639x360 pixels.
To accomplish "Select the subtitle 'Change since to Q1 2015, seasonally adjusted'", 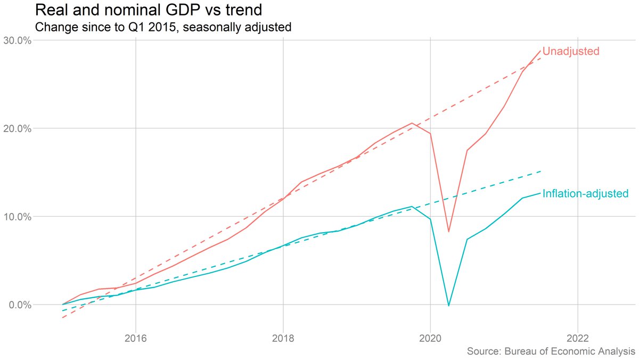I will tap(162, 27).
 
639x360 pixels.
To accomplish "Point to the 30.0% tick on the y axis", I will tap(19, 40).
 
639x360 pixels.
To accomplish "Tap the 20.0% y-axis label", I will tap(19, 129).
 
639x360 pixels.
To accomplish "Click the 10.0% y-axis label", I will tap(19, 217).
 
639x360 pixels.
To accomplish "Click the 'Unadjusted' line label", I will tap(571, 52).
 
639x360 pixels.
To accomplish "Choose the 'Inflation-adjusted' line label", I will tap(585, 193).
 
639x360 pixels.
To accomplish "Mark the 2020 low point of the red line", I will tap(449, 232).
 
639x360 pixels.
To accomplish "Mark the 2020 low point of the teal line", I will tap(449, 306).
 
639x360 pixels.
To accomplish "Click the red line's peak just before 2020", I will tap(412, 123).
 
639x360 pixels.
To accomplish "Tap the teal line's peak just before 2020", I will tap(412, 206).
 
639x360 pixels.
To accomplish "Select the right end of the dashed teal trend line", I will tap(541, 171).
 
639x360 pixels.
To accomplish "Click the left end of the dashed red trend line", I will tap(62, 318).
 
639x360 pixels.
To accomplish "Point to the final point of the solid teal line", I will tap(541, 192).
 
